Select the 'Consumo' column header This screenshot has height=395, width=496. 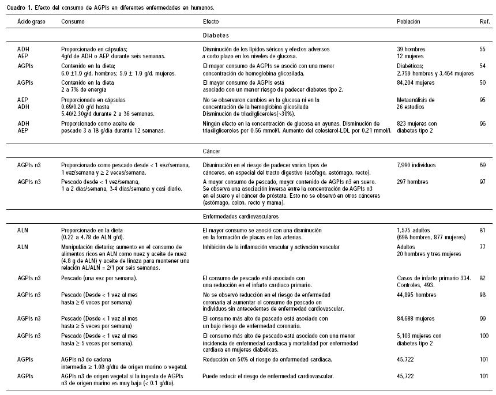coord(73,21)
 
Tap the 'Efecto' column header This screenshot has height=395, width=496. coord(211,21)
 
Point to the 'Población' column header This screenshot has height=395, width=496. coord(408,21)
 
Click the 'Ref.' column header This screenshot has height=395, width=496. coord(482,21)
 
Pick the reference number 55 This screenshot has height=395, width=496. coord(482,50)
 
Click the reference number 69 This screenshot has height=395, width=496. coord(482,165)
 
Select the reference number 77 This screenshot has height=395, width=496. coord(482,247)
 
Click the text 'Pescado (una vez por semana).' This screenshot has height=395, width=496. coord(99,279)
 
